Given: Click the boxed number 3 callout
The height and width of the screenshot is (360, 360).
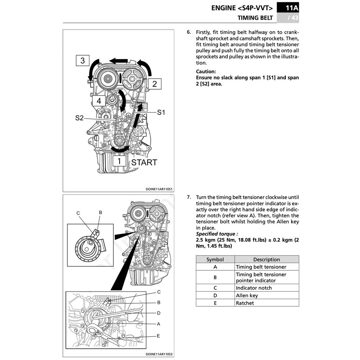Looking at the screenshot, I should tap(83, 60).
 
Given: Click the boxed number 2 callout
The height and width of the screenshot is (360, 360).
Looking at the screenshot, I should tap(154, 84).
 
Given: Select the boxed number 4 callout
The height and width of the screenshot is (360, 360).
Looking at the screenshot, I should tap(99, 101).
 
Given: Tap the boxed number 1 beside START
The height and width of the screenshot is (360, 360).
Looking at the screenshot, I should tap(119, 161).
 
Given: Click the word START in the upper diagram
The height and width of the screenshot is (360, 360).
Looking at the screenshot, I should tap(144, 162).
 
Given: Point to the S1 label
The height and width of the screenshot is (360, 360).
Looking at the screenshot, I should tap(161, 112).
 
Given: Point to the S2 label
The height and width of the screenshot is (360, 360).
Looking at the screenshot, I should tap(79, 118).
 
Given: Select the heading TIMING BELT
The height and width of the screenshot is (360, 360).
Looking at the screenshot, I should tap(255, 18).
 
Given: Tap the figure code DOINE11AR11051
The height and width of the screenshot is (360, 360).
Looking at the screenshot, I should tap(159, 189).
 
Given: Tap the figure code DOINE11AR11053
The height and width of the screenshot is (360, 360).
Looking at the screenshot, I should tap(159, 354).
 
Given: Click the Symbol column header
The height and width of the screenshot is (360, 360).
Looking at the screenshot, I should tap(215, 259).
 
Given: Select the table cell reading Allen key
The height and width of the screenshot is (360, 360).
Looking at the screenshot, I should tap(247, 296).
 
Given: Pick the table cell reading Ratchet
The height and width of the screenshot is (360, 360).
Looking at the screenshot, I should tap(245, 303).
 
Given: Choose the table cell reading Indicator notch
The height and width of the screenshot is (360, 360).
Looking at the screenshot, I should tap(254, 288).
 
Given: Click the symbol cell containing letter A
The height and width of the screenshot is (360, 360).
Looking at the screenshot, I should tap(215, 267).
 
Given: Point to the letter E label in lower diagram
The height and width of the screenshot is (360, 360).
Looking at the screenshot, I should tap(158, 336).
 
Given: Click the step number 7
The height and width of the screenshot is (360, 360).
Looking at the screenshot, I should tap(189, 197).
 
